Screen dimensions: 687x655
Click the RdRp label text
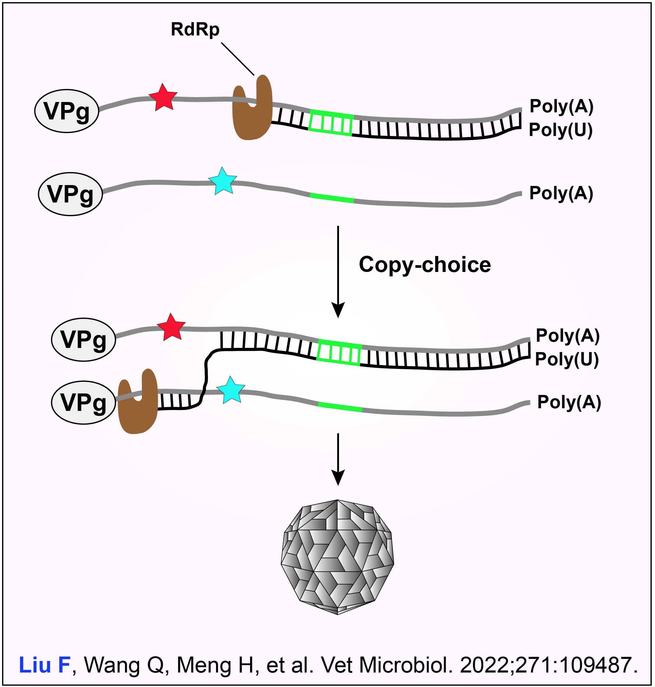(x=195, y=29)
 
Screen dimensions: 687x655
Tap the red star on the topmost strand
(x=163, y=98)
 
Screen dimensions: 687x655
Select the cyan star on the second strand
(x=222, y=181)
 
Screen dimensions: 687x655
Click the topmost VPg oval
(x=67, y=111)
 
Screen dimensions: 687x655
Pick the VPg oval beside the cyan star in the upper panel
(x=70, y=194)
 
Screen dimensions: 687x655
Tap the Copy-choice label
(x=424, y=265)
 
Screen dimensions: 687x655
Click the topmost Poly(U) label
(x=560, y=130)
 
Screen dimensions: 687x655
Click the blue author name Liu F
(x=45, y=665)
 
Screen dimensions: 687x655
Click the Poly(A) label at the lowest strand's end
(x=569, y=402)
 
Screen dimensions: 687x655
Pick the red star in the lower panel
(x=171, y=327)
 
